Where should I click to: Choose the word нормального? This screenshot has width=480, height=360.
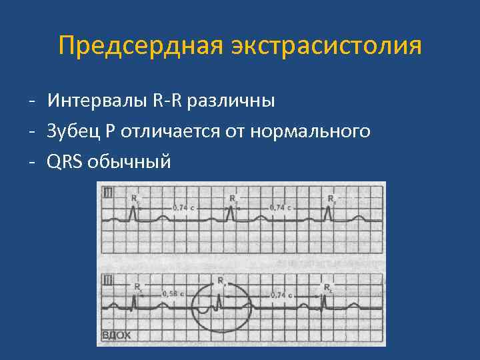310,131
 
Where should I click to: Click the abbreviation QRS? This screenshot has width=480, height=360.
65,161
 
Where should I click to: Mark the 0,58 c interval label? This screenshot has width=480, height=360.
171,293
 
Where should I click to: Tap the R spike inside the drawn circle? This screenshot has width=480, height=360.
220,293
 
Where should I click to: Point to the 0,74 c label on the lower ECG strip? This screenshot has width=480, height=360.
282,293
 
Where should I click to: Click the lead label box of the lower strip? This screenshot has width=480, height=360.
107,279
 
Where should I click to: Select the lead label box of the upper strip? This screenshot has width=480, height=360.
107,193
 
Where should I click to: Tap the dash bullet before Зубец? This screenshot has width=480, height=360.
32,132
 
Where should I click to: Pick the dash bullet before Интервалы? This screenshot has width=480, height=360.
32,102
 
